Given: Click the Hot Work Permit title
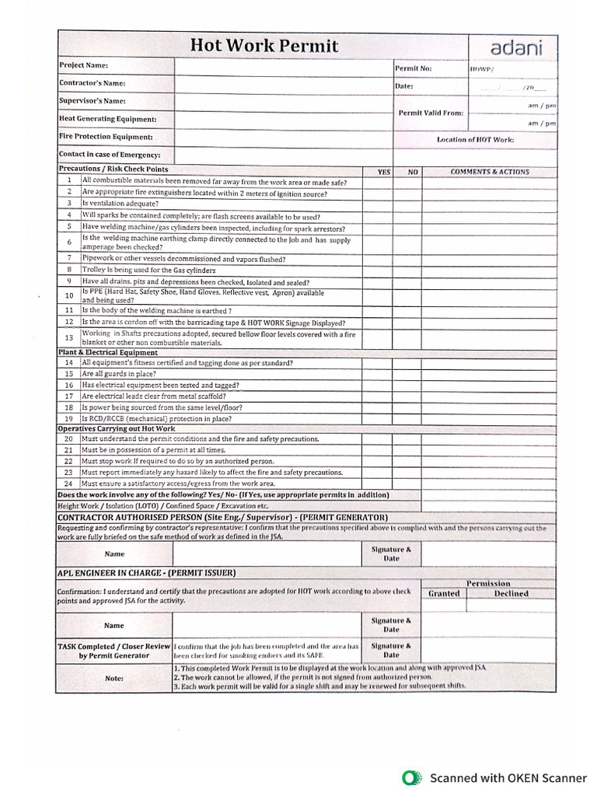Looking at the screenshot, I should coord(264,46).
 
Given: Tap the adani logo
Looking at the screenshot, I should coord(512,47).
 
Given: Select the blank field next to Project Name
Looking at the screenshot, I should coord(283,66).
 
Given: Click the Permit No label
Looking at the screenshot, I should coord(414,68).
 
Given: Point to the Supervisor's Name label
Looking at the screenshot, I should coord(92,101).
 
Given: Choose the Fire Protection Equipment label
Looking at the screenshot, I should coord(106,137).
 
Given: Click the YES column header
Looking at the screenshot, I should coord(383,172).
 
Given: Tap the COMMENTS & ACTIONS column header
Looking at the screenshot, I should coord(490,172).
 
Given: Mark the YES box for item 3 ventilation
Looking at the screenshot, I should coord(377,204).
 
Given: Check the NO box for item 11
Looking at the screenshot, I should coord(407,309).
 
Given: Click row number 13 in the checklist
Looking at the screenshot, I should coord(69,338).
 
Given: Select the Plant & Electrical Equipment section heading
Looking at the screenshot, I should coord(108,352).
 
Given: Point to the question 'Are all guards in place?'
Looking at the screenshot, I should coord(119,374).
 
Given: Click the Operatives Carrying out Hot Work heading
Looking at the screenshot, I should coord(117,428).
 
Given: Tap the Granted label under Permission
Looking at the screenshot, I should coord(444,594).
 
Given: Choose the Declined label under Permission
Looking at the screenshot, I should coord(511,594).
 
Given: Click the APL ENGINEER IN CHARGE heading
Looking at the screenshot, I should coord(147,573).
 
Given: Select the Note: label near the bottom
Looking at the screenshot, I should coord(114,678).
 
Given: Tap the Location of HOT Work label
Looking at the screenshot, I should coord(475,140).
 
